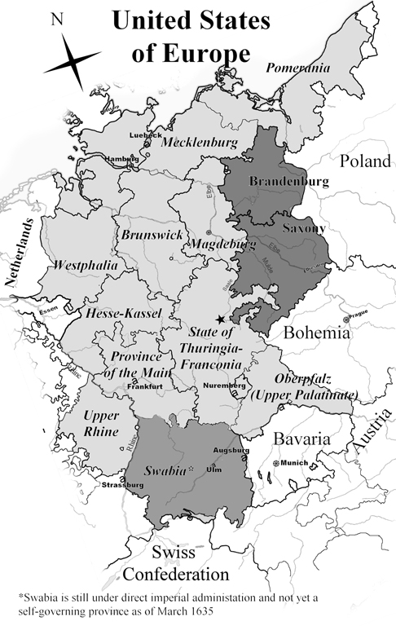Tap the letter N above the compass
56,20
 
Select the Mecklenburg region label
199,143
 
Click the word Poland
366,161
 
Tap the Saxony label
303,227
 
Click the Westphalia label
86,266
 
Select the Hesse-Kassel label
124,313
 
